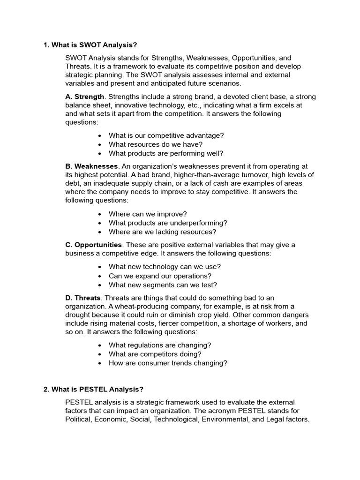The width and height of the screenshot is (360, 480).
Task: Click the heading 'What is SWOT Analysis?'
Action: [x=94, y=45]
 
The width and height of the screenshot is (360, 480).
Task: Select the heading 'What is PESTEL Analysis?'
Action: [x=97, y=389]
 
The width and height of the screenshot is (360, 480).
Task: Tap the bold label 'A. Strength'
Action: [x=84, y=97]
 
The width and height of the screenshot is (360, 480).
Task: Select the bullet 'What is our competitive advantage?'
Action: [x=166, y=135]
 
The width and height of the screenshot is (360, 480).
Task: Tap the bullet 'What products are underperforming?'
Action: [x=168, y=223]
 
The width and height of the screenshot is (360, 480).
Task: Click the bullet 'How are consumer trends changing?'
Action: [x=168, y=363]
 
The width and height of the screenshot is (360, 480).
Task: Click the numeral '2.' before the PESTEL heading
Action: [x=46, y=389]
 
